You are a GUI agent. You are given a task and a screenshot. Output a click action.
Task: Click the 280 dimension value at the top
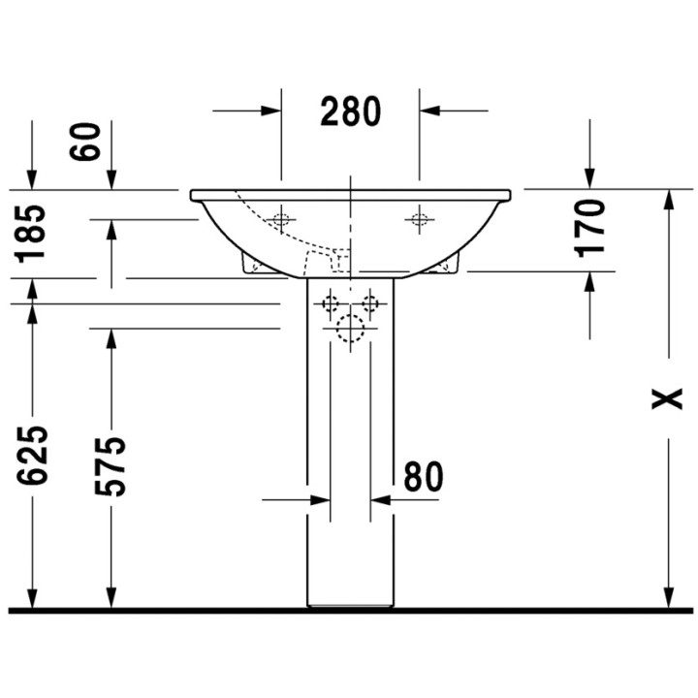pos(351,111)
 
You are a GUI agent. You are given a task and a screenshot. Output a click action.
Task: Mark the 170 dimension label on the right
pos(589,227)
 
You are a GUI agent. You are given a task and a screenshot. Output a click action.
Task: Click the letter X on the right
pos(666,398)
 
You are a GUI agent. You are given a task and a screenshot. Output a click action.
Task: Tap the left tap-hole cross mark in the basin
pos(281,219)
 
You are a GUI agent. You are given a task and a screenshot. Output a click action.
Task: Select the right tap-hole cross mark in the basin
pos(420,219)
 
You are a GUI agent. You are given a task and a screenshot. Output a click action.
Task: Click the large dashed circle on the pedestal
pos(349,332)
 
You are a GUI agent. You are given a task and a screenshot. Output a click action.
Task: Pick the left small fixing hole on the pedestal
pos(330,304)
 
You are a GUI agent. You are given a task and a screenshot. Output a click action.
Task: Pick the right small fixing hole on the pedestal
pos(369,304)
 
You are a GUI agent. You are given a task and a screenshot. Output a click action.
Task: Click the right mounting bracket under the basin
pos(448,264)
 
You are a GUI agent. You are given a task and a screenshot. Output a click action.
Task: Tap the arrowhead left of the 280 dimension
pos(272,111)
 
